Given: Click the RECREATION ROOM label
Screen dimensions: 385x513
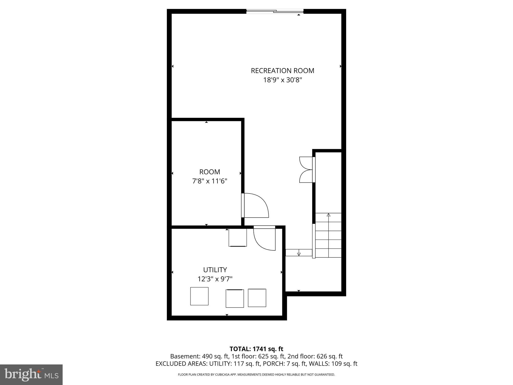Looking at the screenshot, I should pos(282,71).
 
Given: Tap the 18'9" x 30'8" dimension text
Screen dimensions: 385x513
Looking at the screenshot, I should pos(282,80).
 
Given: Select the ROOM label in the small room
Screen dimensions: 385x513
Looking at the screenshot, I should pos(210,172).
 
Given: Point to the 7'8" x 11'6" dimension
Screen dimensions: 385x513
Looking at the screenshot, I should pos(210,181).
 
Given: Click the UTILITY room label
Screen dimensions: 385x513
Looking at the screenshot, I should pos(215,270).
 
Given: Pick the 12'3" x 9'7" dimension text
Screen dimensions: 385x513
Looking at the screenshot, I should pos(215,279).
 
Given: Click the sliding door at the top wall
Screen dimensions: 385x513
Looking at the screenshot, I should pos(275,11).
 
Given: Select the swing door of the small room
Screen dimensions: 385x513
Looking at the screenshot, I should pos(255,206).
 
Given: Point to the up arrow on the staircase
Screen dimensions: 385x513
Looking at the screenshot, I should pos(328,215).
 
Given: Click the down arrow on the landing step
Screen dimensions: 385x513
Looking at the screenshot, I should pos(299,253).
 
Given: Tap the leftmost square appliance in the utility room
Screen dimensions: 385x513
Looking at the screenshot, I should pos(199,296).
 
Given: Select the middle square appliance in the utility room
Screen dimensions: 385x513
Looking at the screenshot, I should pos(235,298).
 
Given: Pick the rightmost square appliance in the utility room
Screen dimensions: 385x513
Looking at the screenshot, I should pos(257,298).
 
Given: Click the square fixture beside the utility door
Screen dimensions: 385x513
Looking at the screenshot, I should pos(237,237).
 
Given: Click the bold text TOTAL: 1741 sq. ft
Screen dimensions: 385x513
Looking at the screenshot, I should pos(256,349).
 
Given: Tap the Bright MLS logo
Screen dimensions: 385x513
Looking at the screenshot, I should pos(31,374).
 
